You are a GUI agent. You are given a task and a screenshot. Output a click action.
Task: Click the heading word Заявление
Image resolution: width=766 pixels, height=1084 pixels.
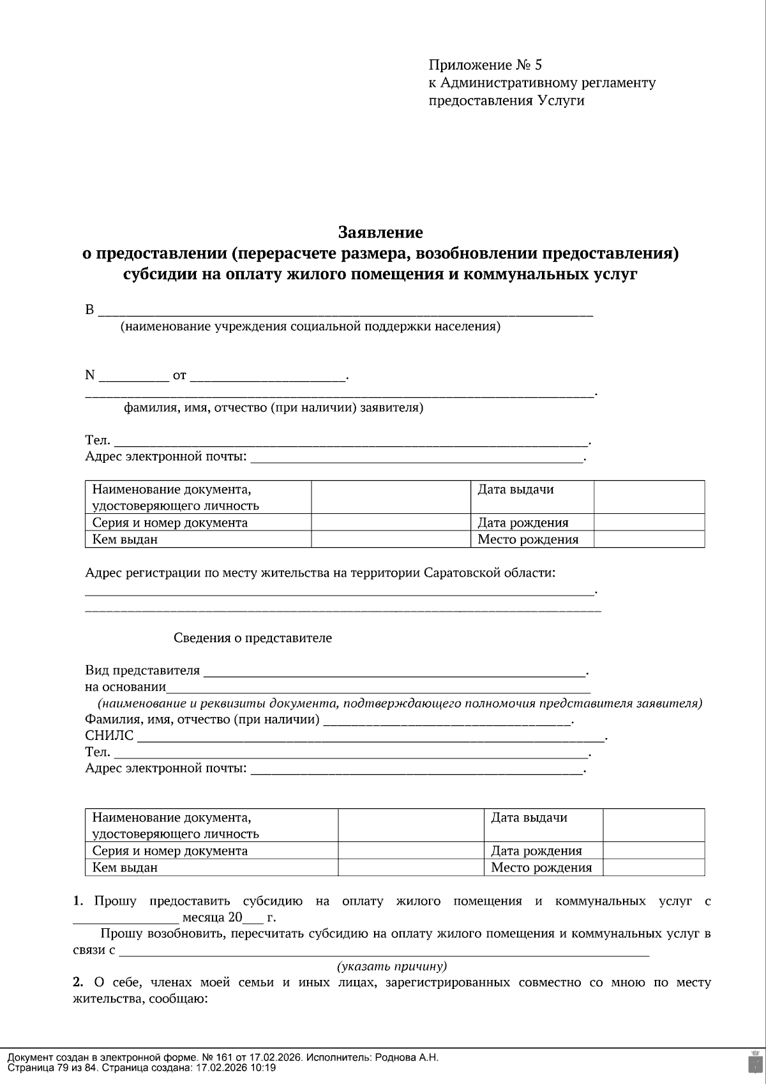(x=380, y=232)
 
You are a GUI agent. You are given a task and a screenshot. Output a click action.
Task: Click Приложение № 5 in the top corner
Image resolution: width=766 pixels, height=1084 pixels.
(x=484, y=65)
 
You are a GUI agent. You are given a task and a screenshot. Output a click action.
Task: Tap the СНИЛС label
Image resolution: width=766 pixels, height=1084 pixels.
(x=109, y=735)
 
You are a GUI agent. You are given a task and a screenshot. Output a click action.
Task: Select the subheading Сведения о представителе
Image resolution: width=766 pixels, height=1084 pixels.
(x=253, y=638)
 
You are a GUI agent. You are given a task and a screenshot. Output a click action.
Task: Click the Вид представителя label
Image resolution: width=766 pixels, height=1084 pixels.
(x=142, y=670)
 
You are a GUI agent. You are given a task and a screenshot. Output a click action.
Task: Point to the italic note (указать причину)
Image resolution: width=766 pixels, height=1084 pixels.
(x=392, y=966)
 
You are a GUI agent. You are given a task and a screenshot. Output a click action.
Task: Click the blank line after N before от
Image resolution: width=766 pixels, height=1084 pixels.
(x=133, y=375)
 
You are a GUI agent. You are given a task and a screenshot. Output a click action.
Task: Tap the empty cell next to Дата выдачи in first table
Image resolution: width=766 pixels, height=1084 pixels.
(x=649, y=497)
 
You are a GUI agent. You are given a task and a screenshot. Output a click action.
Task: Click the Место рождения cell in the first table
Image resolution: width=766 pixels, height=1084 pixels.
(x=528, y=539)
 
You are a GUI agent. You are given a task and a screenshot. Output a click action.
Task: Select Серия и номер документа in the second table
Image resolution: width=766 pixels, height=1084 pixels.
(x=170, y=850)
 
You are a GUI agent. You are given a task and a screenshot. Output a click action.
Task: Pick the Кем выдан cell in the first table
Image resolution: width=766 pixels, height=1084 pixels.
(x=125, y=539)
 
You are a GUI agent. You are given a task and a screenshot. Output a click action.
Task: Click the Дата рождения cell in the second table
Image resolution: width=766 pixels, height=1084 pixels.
(x=536, y=850)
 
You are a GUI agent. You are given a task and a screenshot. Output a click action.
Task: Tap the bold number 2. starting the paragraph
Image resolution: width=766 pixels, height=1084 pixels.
(x=78, y=982)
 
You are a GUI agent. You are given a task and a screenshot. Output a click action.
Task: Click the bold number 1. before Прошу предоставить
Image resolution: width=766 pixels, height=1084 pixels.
(x=78, y=901)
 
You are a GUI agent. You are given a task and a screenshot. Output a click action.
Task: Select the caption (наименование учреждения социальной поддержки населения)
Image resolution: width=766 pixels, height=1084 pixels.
(x=310, y=327)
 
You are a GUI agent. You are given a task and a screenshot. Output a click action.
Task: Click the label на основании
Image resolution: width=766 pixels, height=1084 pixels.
(x=125, y=687)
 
